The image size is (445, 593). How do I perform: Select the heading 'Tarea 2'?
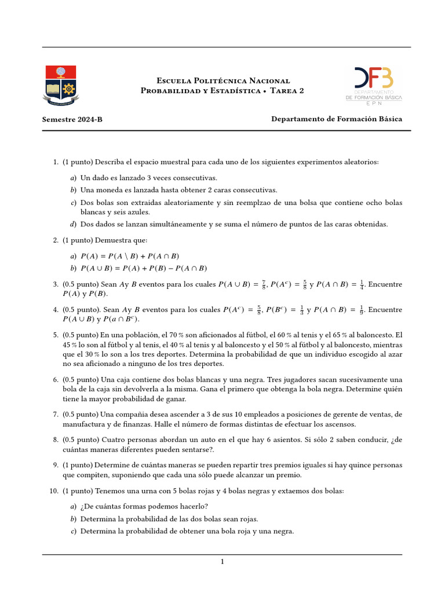[287, 91]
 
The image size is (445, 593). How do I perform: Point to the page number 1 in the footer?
[222, 561]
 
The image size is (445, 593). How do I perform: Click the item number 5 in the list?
[56, 335]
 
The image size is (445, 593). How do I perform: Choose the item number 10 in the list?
[54, 490]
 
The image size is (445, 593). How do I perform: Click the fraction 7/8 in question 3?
[263, 284]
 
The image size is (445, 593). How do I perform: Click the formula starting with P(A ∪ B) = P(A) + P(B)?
[144, 268]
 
